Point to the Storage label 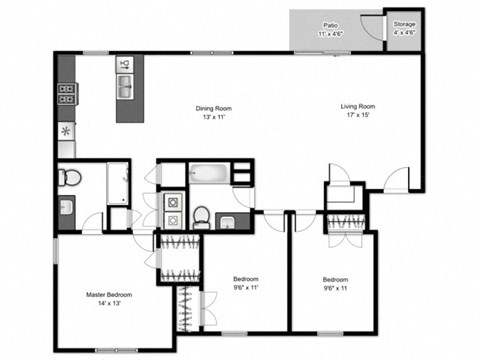tap(405, 22)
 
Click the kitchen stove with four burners tap(67, 96)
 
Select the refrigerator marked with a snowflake tap(67, 132)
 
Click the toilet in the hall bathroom tap(201, 215)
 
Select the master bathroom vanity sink tap(67, 208)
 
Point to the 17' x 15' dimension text tap(358, 116)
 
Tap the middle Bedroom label tap(246, 278)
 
